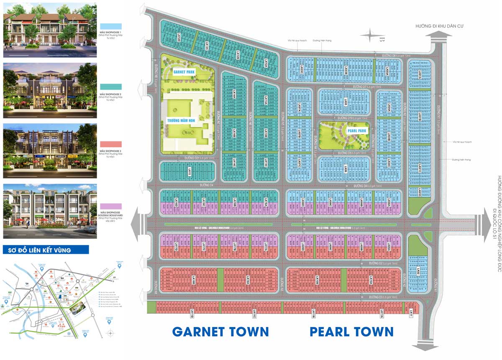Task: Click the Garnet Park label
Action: pyautogui.click(x=185, y=71)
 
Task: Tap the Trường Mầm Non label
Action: pyautogui.click(x=182, y=120)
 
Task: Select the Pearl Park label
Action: pyautogui.click(x=356, y=130)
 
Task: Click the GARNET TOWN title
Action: pyautogui.click(x=220, y=332)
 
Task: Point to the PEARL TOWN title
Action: pyautogui.click(x=351, y=332)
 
